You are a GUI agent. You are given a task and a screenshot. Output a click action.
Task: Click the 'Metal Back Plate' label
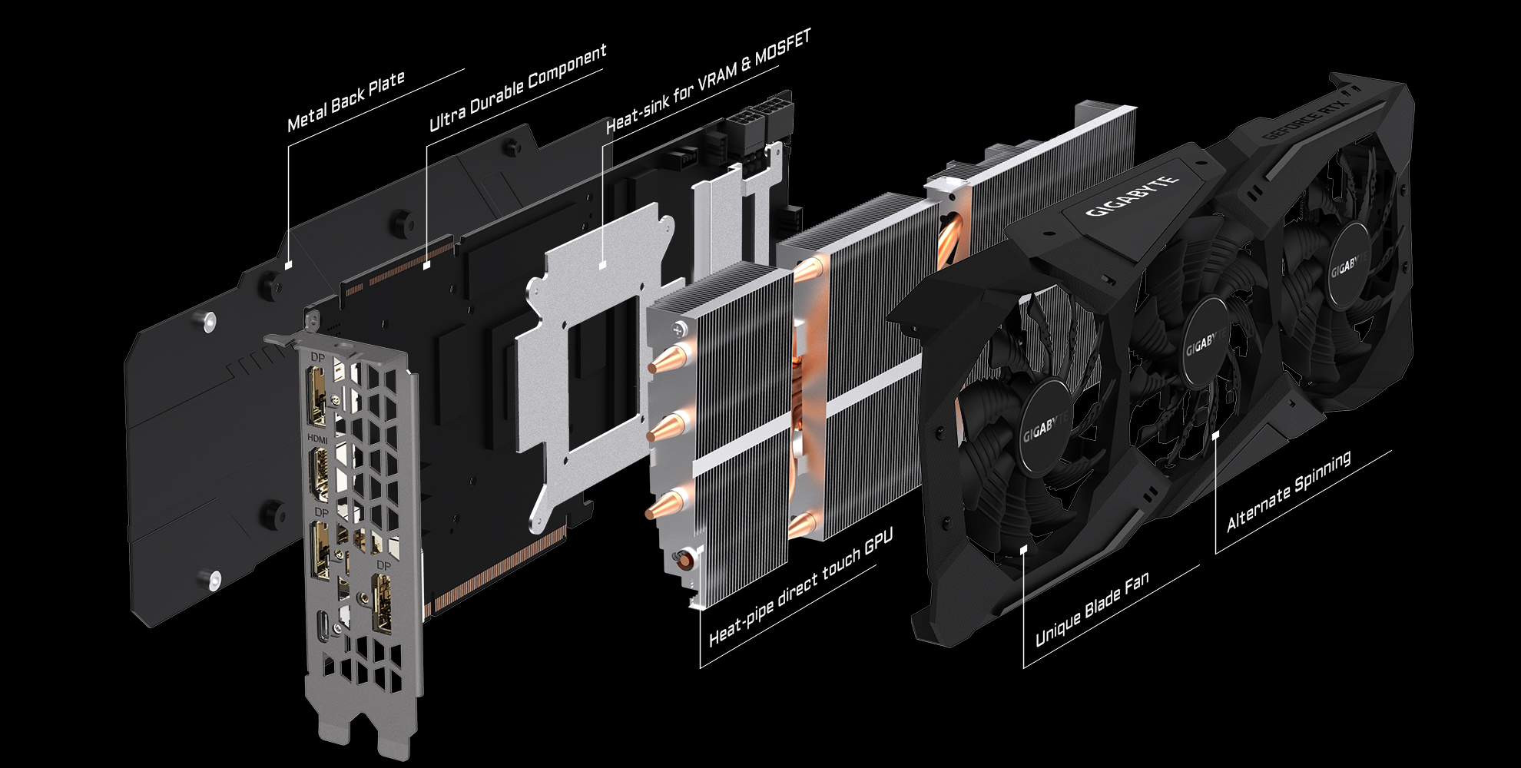[x=346, y=102]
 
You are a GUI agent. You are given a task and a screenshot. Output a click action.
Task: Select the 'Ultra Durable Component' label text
[x=518, y=87]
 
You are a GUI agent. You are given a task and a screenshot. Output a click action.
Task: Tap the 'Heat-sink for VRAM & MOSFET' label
[x=708, y=82]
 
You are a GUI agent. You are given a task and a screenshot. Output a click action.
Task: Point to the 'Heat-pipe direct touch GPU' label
[x=801, y=586]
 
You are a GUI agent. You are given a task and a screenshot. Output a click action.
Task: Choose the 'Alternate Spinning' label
[x=1288, y=492]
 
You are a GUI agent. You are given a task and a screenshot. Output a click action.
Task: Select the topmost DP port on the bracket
[x=316, y=396]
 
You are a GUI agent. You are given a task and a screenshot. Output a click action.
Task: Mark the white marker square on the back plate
[x=289, y=265]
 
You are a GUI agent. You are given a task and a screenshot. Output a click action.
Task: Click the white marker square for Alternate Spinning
[x=1215, y=435]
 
